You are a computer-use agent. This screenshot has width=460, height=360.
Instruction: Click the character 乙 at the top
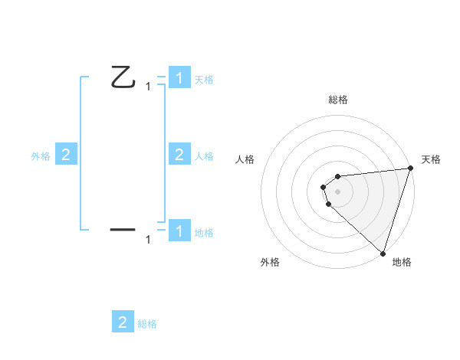123,77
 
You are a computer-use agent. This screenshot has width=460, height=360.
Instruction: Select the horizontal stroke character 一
123,228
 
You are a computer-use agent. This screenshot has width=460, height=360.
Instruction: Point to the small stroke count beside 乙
148,87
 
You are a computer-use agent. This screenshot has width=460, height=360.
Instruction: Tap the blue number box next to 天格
179,78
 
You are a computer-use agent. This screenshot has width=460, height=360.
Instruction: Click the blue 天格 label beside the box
204,79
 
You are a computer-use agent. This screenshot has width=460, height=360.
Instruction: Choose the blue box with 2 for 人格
179,155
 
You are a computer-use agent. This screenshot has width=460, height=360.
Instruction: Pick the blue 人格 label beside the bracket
204,156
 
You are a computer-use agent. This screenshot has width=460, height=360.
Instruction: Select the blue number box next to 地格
179,231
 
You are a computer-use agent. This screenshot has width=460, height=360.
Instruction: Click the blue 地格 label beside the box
204,232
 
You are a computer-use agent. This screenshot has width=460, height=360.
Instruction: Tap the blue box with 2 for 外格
66,155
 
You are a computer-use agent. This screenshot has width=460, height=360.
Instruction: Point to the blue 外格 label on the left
41,156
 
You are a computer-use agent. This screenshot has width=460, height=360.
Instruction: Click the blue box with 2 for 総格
123,322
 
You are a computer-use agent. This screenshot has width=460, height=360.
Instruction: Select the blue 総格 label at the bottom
147,324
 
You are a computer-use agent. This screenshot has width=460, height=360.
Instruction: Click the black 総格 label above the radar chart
337,100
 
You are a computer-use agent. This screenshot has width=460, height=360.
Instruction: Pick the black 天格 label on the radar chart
431,159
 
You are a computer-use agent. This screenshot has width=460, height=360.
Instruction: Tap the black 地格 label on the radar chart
402,263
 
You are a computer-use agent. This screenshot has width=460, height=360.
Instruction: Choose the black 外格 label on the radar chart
270,263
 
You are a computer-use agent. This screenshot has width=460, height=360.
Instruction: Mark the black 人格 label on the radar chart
245,159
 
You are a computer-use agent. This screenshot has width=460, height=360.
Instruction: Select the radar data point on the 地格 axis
382,253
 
